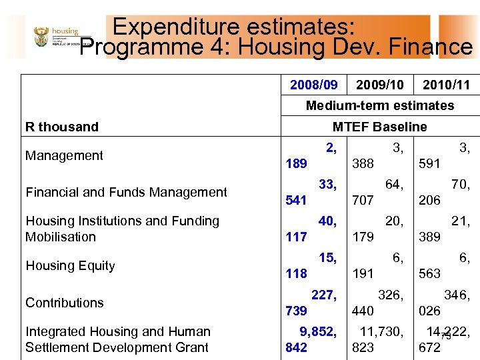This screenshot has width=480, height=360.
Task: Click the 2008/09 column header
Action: [313, 85]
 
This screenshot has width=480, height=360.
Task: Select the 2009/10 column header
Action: [379, 85]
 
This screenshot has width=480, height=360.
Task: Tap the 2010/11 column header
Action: [446, 85]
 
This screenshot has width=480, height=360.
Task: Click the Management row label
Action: [64, 156]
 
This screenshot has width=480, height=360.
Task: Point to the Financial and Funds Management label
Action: [126, 192]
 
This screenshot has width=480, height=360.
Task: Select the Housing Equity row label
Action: [70, 265]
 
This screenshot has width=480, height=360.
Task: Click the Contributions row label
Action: [64, 303]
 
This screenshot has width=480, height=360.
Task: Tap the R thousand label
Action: [61, 127]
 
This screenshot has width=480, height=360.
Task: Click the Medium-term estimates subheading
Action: [379, 105]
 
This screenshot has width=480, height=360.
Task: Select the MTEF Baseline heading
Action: [379, 127]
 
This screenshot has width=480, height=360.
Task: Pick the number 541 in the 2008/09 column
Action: [296, 200]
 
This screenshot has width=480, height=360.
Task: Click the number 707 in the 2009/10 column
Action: [363, 200]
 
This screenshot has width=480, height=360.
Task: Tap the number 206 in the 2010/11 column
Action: [429, 200]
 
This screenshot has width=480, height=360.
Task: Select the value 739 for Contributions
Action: [296, 311]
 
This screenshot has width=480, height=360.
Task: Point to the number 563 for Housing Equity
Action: [429, 273]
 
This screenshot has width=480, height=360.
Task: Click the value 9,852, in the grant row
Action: [311, 331]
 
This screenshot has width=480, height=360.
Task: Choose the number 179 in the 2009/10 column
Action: [363, 237]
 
